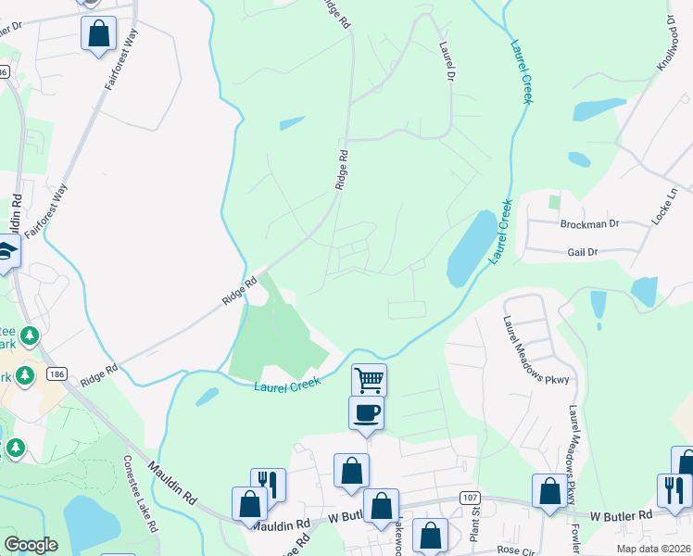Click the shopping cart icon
(369, 379)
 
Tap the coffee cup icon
(365, 411)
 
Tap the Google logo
(31, 545)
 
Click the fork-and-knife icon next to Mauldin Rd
(269, 484)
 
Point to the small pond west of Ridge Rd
(292, 122)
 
